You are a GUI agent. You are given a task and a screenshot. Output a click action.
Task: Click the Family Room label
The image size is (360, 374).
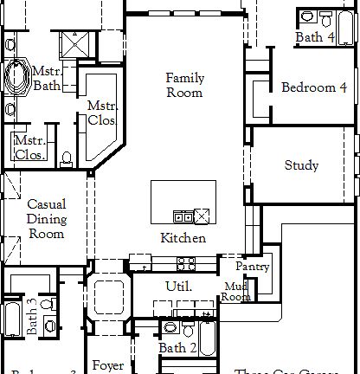point(184,86)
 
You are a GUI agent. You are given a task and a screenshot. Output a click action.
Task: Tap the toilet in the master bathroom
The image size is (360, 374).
point(67,158)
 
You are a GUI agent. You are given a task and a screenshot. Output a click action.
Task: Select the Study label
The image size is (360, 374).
point(301,165)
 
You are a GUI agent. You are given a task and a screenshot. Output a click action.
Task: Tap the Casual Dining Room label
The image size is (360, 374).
point(47,219)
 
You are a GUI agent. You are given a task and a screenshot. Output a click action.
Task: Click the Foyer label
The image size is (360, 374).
point(107,366)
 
